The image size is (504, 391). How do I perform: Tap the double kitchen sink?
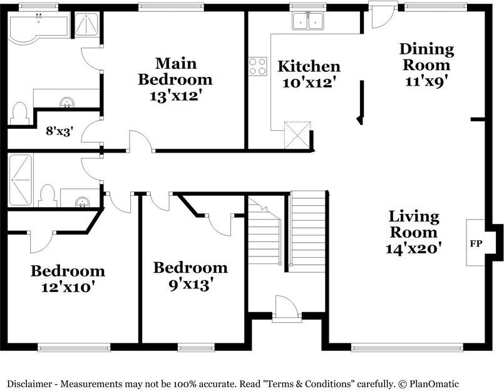(x=308, y=22)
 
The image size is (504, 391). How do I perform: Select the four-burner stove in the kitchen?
(x=257, y=66)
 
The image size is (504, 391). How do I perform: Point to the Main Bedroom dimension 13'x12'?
(x=175, y=96)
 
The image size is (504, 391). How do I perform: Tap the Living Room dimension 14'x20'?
(x=414, y=248)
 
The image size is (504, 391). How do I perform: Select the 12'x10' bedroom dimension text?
(x=68, y=288)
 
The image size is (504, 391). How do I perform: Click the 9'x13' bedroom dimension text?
(x=190, y=284)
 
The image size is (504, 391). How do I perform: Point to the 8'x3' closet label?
(x=59, y=131)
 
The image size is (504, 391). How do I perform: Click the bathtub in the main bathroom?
(x=38, y=28)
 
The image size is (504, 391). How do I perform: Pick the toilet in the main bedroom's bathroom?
(x=19, y=113)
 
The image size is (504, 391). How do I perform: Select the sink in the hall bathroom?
(x=81, y=201)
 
